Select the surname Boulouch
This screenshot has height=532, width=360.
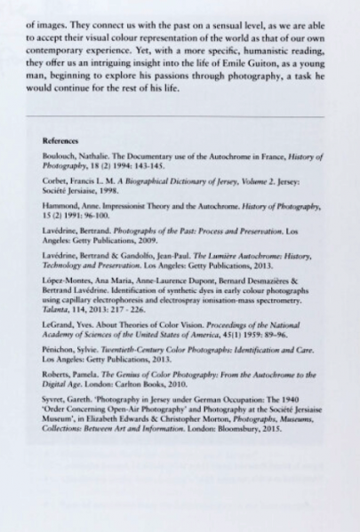click(x=57, y=155)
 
